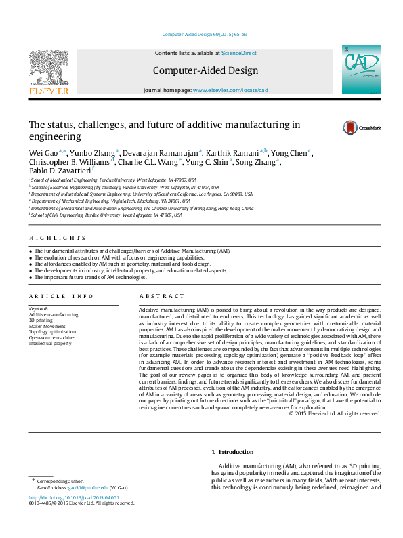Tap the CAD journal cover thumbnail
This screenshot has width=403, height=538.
(x=362, y=70)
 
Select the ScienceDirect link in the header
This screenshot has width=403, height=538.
(x=238, y=53)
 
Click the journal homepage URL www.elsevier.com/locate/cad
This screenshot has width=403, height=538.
(x=230, y=90)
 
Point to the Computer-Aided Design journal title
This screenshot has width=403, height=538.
(x=205, y=70)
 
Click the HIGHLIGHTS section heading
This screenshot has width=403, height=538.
(x=58, y=238)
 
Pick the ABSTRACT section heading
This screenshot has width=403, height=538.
(x=161, y=296)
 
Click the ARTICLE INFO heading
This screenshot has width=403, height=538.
(x=61, y=296)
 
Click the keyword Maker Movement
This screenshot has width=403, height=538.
(x=47, y=326)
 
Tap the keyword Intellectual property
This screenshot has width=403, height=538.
(x=50, y=344)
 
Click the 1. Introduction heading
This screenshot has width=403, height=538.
(x=232, y=452)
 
